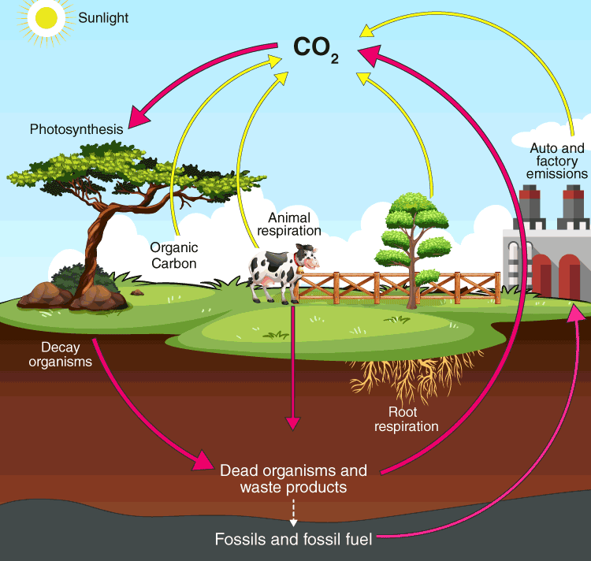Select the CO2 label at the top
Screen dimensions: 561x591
[315, 48]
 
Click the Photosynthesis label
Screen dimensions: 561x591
[76, 128]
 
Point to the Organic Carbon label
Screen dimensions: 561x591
[173, 255]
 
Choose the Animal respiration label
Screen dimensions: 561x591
[295, 224]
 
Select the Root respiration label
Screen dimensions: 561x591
[406, 419]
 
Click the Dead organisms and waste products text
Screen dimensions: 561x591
[293, 479]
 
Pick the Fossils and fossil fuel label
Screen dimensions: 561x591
[293, 540]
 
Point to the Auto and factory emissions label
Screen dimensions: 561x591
[557, 161]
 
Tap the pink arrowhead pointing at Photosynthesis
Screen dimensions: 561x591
[139, 117]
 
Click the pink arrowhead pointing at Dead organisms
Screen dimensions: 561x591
[203, 461]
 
